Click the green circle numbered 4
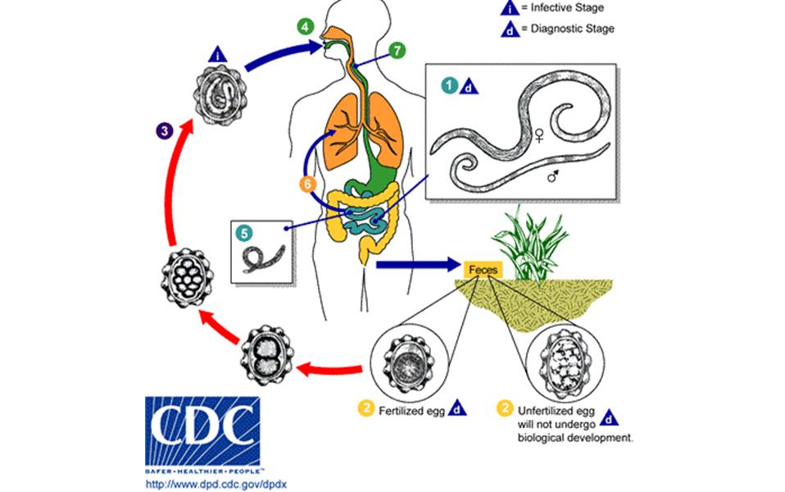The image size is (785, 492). coord(305,25)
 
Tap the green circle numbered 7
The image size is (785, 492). coord(396,51)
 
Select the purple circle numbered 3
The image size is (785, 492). coord(165,129)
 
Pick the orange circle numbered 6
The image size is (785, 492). coord(309,184)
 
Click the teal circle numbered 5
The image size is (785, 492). coord(243,232)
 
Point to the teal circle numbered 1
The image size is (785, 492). coord(449,84)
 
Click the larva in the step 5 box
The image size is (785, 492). coord(266,255)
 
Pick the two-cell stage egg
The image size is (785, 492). coord(269,354)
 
